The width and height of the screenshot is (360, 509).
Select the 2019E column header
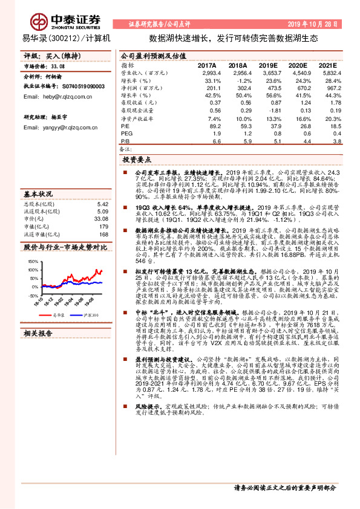pyautogui.click(x=266, y=65)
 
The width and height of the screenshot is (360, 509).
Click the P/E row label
pyautogui.click(x=125, y=126)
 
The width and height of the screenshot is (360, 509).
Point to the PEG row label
pyautogui.click(x=126, y=133)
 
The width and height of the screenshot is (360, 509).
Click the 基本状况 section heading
pyautogui.click(x=39, y=194)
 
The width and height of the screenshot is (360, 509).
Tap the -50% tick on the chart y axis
pyautogui.click(x=33, y=296)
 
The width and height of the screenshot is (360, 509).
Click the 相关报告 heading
pyautogui.click(x=39, y=333)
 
